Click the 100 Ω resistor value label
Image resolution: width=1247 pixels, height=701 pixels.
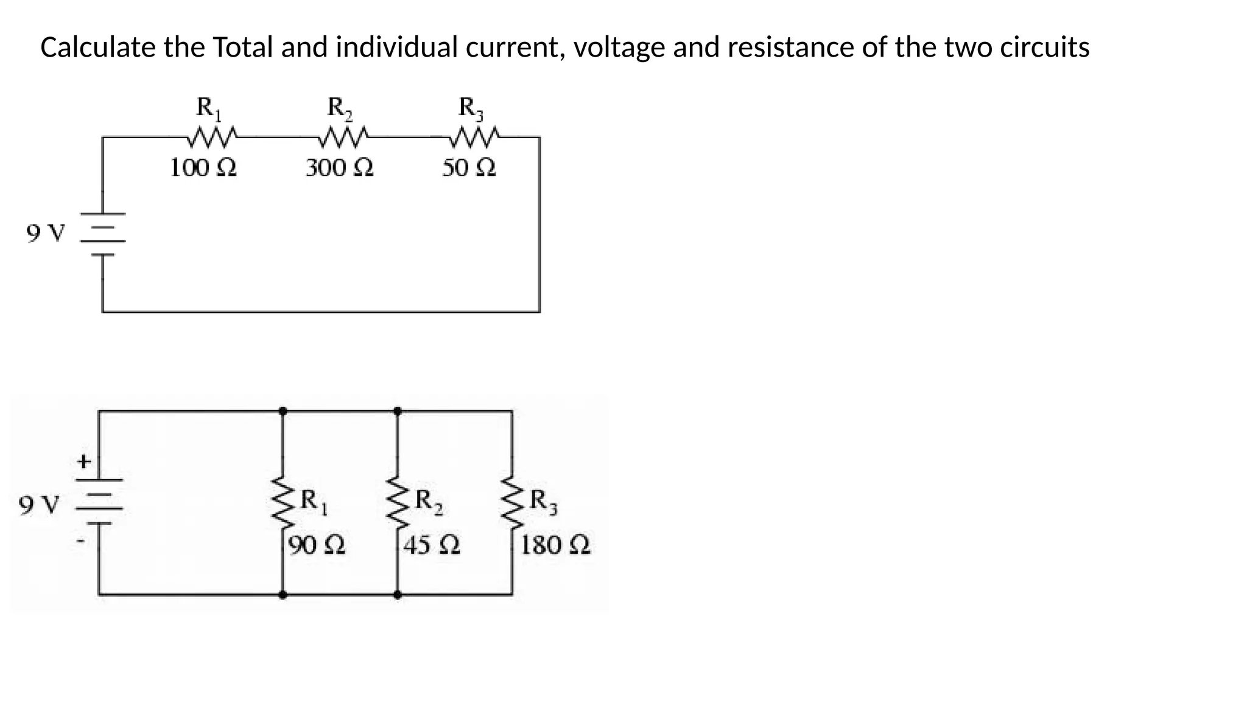click(203, 167)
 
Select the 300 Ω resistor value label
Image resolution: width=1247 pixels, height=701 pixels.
click(339, 167)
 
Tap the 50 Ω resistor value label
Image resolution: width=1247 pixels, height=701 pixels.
click(469, 167)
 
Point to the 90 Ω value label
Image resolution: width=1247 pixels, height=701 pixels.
click(317, 545)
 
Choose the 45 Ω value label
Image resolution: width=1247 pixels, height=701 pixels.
click(432, 545)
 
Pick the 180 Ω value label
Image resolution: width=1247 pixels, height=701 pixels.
click(555, 545)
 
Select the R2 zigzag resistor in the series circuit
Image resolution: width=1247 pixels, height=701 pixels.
click(343, 138)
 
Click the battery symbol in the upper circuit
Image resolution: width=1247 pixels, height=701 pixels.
click(103, 234)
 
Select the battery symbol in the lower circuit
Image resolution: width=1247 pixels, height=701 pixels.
click(99, 501)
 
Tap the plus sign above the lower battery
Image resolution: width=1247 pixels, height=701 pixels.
click(84, 462)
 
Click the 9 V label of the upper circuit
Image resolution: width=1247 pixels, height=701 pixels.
click(45, 233)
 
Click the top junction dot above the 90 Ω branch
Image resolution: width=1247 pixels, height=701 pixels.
click(283, 411)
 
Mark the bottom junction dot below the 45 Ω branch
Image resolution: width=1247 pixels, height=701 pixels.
click(397, 595)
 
